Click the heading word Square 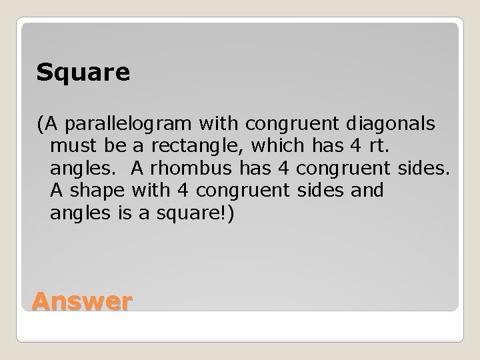[83, 73]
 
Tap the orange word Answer [81, 302]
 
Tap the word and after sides [366, 191]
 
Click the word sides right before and [319, 191]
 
